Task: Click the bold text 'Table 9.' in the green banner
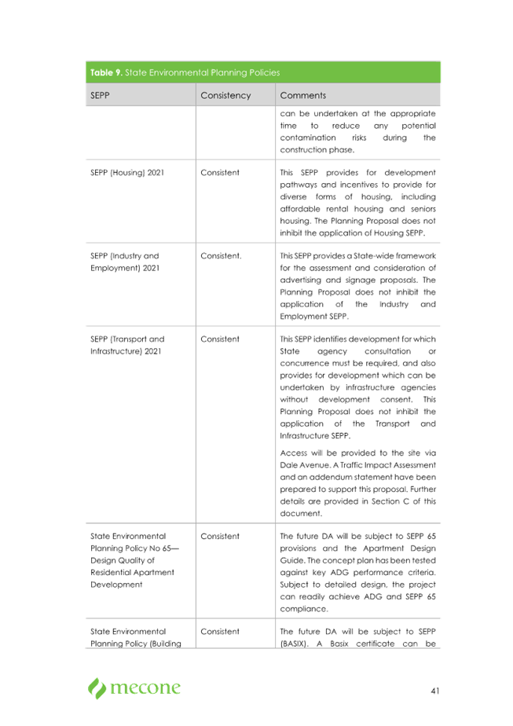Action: point(105,72)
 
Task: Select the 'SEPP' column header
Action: point(101,95)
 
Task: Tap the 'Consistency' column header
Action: point(225,95)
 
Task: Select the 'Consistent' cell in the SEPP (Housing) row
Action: point(221,171)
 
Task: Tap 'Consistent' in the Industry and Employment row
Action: point(221,256)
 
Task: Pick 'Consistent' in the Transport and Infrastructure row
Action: point(221,339)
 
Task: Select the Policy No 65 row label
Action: point(126,560)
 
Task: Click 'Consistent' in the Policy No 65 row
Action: point(221,536)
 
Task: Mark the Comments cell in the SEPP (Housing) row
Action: point(358,202)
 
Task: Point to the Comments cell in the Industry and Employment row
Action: point(358,286)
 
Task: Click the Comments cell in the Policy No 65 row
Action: point(358,572)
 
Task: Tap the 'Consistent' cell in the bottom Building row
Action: point(221,631)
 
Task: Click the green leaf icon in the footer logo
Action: point(97,688)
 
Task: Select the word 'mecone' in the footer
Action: point(146,689)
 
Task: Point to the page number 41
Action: point(434,691)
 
